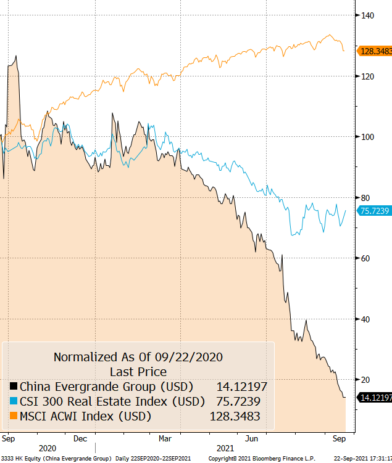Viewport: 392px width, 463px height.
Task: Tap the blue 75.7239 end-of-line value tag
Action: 375,211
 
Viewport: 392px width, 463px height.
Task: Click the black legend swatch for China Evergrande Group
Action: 13,387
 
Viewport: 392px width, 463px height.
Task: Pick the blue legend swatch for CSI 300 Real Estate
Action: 13,401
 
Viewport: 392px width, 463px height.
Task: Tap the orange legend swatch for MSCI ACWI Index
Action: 13,416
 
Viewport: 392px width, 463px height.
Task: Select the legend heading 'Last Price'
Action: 138,372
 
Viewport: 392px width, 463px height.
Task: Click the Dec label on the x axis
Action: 80,438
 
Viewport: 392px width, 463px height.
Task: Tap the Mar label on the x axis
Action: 165,438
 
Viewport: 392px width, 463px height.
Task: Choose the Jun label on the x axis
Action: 251,438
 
